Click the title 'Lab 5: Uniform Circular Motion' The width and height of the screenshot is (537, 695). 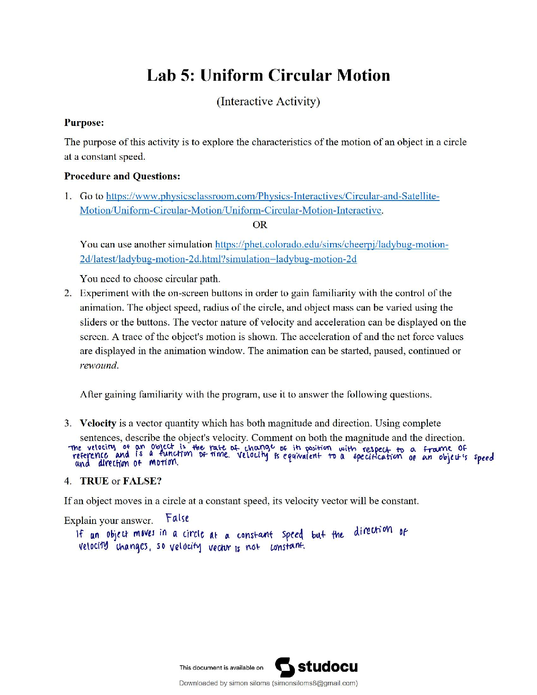tap(268, 75)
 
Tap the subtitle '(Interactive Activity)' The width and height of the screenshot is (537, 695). tap(268, 101)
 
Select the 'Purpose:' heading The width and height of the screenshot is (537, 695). tap(84, 123)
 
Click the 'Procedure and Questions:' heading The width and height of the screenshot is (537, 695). tap(122, 176)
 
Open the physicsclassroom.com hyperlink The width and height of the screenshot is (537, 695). tap(272, 196)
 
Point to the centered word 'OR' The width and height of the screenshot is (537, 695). tap(260, 225)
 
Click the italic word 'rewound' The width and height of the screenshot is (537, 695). tap(99, 365)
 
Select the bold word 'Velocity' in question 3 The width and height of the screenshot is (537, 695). tap(98, 423)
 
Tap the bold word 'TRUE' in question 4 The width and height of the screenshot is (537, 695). tap(94, 481)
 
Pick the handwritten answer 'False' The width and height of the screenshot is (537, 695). tap(177, 518)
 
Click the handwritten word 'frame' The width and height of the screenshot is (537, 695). tap(438, 449)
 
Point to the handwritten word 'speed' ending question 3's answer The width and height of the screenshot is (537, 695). tap(484, 457)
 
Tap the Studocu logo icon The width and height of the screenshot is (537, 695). tap(285, 667)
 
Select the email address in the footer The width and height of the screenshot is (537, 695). tap(315, 683)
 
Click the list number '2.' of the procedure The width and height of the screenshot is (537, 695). tap(68, 293)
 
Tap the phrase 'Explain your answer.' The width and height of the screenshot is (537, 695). tap(108, 521)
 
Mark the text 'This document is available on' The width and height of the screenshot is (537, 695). tap(221, 668)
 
